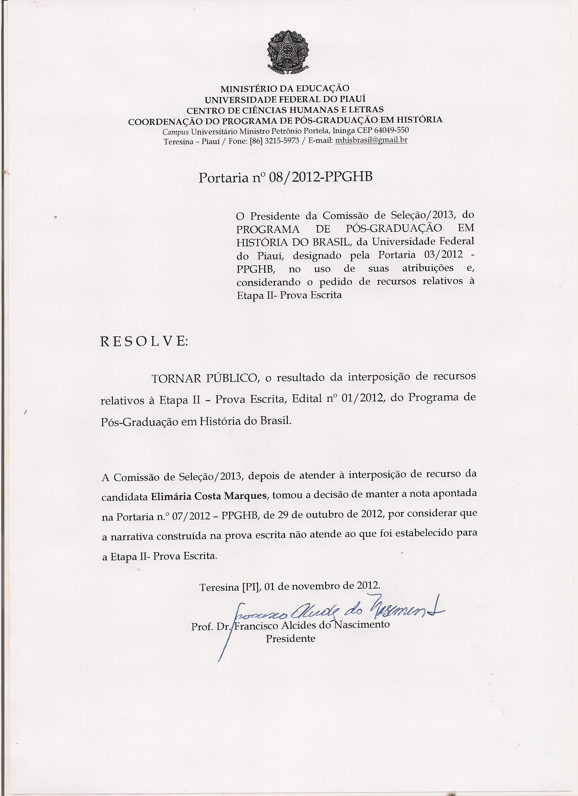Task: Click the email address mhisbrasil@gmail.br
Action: pyautogui.click(x=371, y=141)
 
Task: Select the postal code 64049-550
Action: pyautogui.click(x=392, y=130)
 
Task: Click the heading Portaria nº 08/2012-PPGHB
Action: pyautogui.click(x=285, y=178)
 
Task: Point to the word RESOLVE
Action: pyautogui.click(x=144, y=341)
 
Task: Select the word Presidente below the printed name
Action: pyautogui.click(x=291, y=638)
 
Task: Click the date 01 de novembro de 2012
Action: pyautogui.click(x=322, y=586)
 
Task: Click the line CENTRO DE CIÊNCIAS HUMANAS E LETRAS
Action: pyautogui.click(x=285, y=110)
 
